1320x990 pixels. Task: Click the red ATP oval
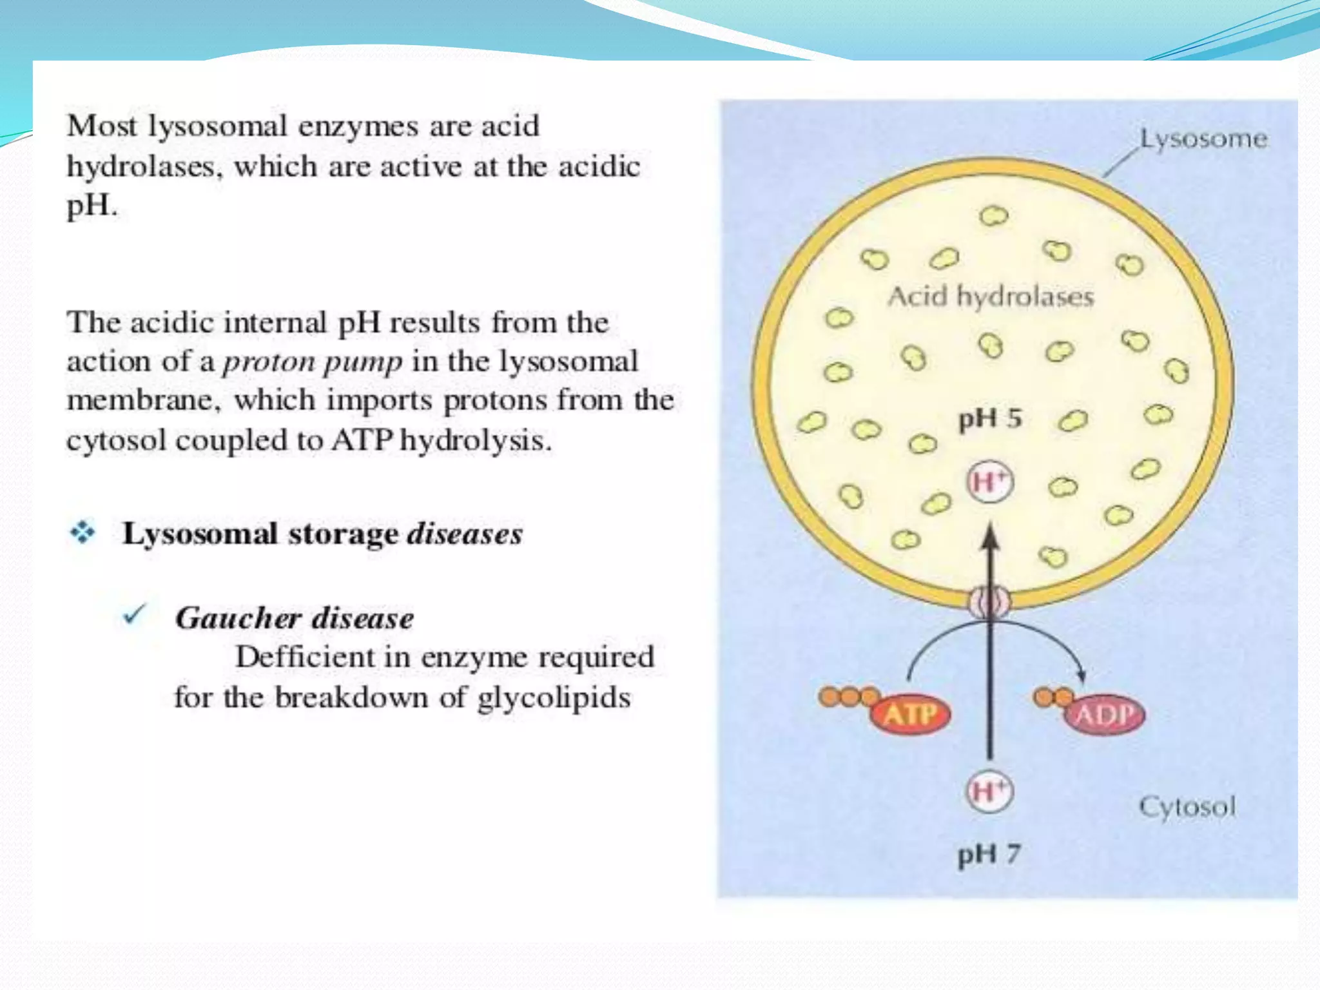click(910, 714)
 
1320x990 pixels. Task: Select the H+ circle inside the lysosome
click(989, 482)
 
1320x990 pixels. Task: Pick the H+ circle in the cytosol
click(989, 791)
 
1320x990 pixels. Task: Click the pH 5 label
click(990, 419)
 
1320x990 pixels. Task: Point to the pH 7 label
click(989, 855)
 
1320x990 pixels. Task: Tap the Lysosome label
click(1203, 139)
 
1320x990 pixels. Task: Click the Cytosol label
click(1187, 807)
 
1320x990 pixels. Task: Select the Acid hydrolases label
click(991, 297)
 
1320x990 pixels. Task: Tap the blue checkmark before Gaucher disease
click(135, 616)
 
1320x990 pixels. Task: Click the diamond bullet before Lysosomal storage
click(82, 532)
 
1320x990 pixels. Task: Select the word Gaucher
click(238, 619)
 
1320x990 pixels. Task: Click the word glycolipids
click(554, 698)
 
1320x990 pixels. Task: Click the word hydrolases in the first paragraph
click(141, 167)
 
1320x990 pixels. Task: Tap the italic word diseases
click(465, 534)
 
